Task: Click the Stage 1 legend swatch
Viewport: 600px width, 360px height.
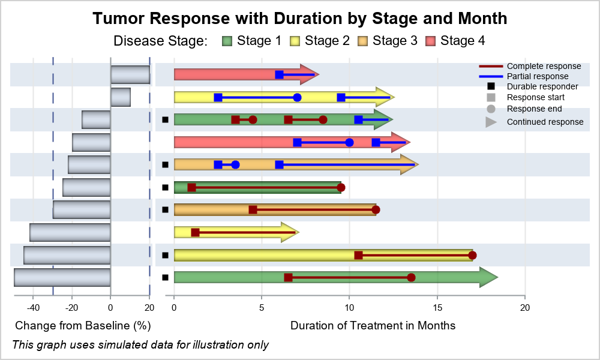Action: (x=227, y=41)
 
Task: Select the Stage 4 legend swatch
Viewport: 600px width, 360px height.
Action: (x=430, y=41)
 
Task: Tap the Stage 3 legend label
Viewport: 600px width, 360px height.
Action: (x=395, y=41)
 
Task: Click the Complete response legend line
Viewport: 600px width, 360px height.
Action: (x=491, y=66)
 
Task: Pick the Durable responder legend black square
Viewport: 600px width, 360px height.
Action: (x=491, y=86)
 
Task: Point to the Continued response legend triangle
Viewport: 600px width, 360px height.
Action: (x=491, y=122)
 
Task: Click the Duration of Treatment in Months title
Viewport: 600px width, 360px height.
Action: (x=373, y=326)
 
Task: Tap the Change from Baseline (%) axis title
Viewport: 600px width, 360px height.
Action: (x=83, y=326)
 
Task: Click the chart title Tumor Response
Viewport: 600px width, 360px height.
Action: (x=300, y=19)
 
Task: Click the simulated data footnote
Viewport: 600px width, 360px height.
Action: (x=140, y=344)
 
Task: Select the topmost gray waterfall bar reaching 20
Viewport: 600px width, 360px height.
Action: (x=130, y=74)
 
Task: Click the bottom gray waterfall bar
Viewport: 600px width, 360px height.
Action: (x=62, y=277)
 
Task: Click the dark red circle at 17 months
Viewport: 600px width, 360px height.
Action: (x=473, y=256)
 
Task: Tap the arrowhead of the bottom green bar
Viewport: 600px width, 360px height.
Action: (x=488, y=277)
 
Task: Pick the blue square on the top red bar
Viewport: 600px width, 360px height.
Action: (x=280, y=74)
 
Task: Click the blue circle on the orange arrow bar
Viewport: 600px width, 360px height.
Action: (x=235, y=165)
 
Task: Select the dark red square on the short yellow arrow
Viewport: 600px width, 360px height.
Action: (x=195, y=233)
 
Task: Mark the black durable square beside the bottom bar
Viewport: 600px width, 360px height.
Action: (x=166, y=277)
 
